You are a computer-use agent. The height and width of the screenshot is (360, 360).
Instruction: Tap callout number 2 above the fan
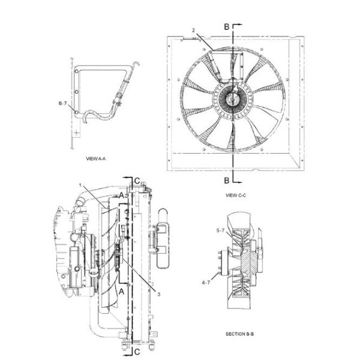194,29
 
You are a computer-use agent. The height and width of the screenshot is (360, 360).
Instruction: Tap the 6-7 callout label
62,104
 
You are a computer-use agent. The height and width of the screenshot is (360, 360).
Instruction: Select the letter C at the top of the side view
137,181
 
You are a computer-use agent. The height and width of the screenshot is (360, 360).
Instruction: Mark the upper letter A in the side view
121,196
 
